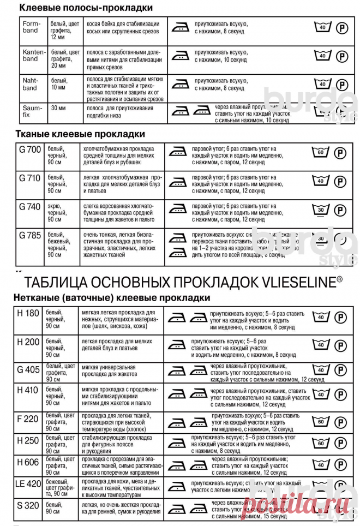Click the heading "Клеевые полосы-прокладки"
pos(86,8)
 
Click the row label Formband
pos(31,27)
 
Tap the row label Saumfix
pos(30,111)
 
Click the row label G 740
pos(30,207)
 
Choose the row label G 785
pos(30,236)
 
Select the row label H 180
pos(28,314)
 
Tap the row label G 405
pos(29,369)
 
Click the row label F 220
pos(28,419)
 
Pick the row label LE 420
pos(29,483)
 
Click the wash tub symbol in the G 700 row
pos(322,152)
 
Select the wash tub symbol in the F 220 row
pos(321,421)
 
